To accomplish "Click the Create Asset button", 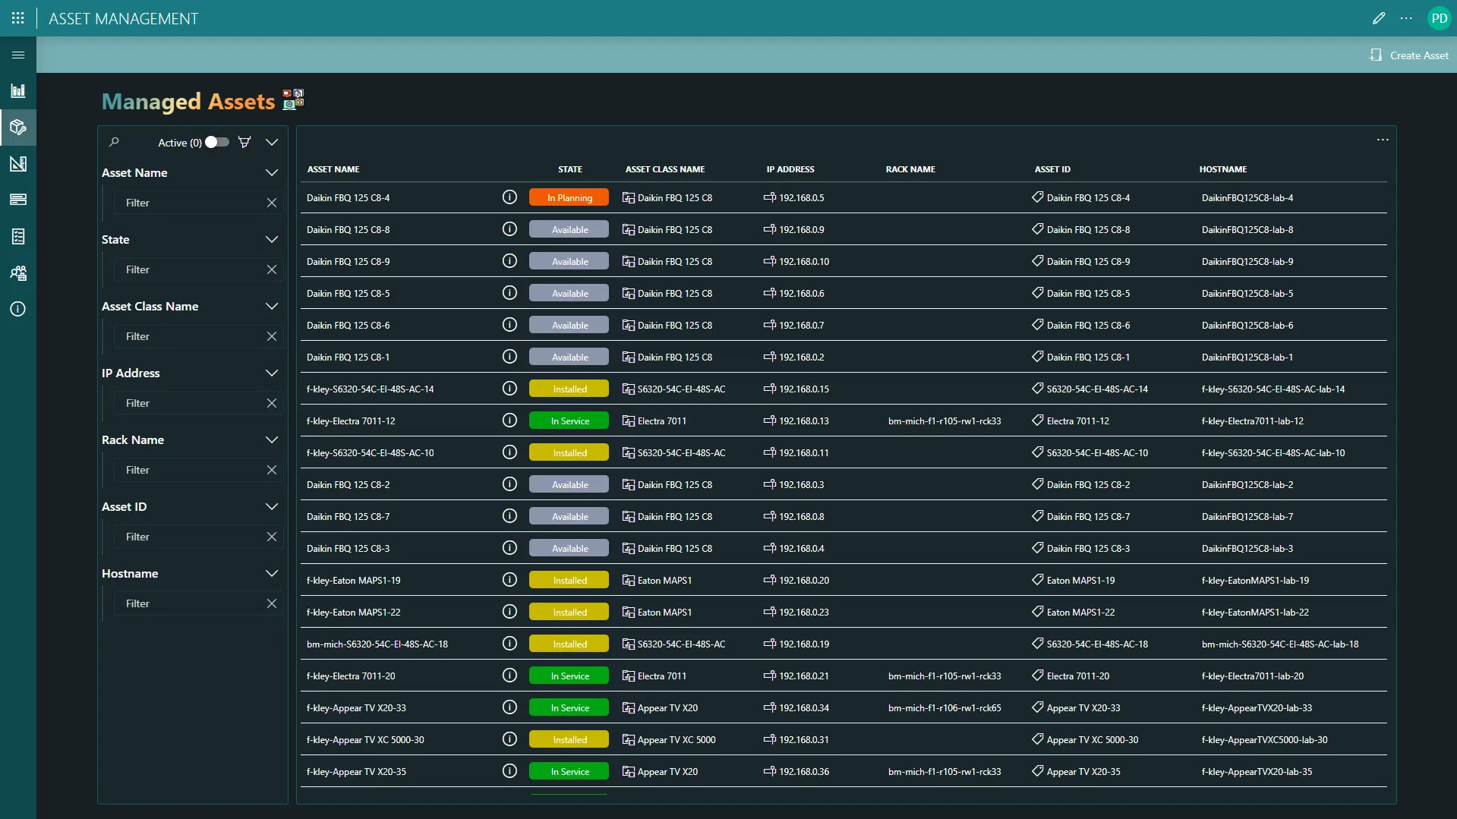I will pos(1410,55).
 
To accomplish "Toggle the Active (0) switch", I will pos(216,142).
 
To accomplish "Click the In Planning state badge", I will pos(569,198).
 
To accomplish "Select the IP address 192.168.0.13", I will pos(803,421).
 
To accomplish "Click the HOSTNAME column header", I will pos(1222,169).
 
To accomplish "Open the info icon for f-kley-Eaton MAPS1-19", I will pos(509,580).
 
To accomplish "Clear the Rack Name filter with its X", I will pos(271,470).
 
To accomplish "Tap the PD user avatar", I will pos(1439,18).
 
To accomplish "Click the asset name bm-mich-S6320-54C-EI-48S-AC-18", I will pos(377,644).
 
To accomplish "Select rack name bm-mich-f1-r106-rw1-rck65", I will pos(944,708).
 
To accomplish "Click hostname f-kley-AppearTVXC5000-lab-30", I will pos(1264,740).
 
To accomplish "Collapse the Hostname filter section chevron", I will pos(271,574).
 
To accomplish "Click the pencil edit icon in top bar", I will pos(1379,18).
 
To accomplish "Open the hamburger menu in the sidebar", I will pos(18,55).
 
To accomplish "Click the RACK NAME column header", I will pos(910,169).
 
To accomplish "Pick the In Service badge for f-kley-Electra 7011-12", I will pos(569,421).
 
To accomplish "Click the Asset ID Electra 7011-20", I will pos(1077,676).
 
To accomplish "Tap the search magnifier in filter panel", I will pos(114,142).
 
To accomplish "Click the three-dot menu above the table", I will pos(1382,140).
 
